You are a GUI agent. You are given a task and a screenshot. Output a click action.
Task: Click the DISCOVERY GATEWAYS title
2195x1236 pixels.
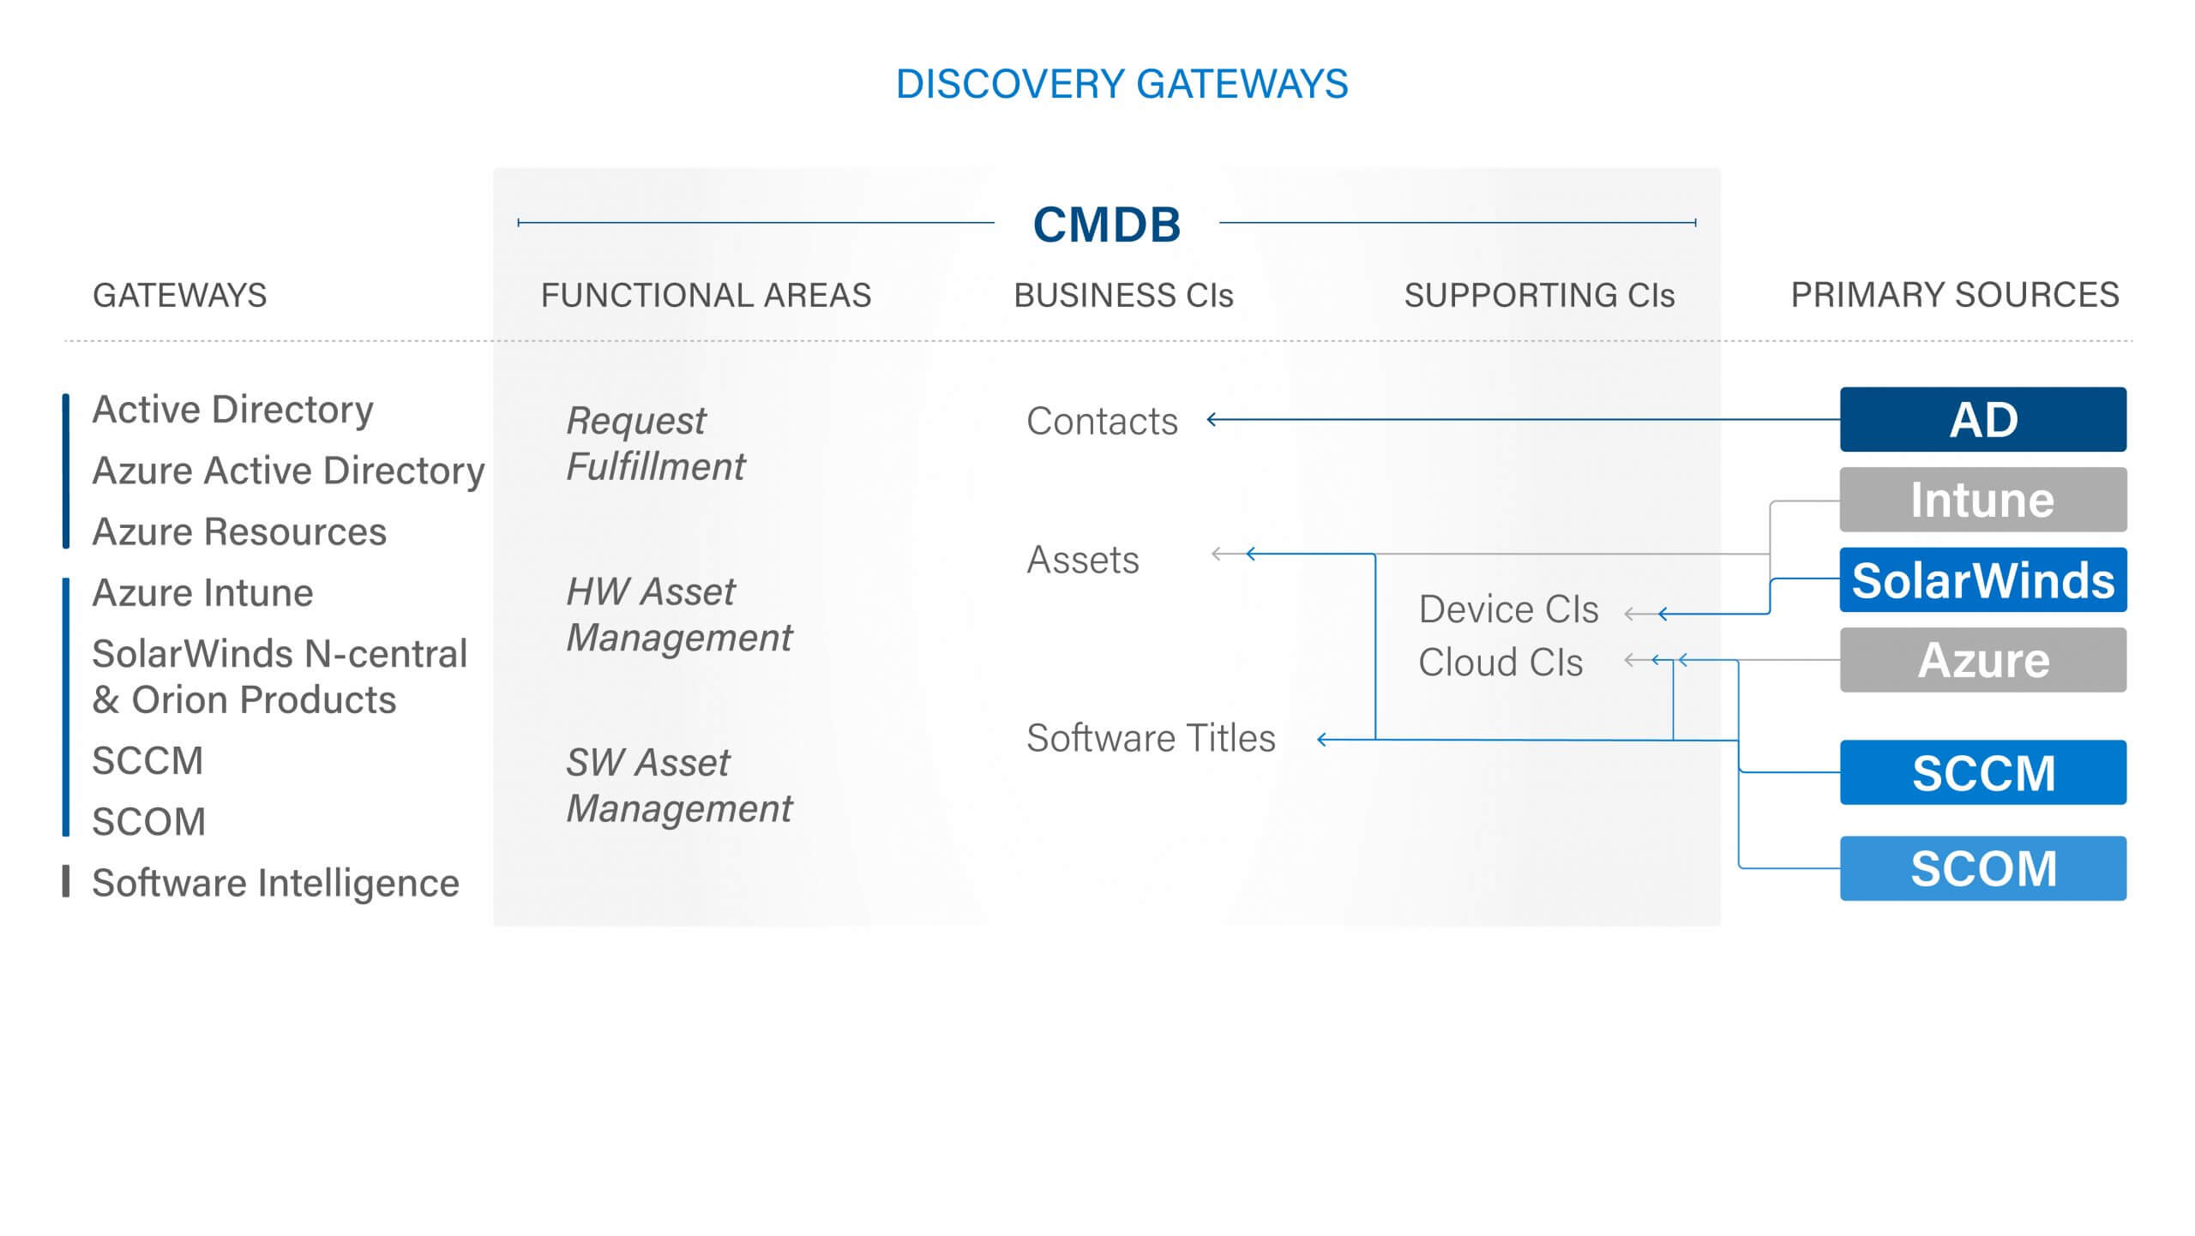[x=1122, y=84]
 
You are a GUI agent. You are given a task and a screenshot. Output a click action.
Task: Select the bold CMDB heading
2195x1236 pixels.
[x=1107, y=225]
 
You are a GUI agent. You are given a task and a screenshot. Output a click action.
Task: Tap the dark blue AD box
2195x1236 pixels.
[x=1983, y=419]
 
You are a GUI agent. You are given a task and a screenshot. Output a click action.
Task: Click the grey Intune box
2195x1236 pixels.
[x=1983, y=500]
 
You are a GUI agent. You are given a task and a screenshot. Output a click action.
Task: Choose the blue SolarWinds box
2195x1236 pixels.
[x=1983, y=580]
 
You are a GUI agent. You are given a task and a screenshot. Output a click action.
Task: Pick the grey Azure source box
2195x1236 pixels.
[x=1983, y=660]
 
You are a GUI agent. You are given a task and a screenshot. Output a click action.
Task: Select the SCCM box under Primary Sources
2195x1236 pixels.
[x=1983, y=772]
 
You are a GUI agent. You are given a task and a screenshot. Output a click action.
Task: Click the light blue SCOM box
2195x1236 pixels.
[x=1983, y=868]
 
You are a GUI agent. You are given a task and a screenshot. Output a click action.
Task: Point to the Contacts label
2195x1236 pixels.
[x=1102, y=421]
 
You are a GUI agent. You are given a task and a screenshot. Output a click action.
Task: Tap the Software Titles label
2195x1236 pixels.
[x=1151, y=738]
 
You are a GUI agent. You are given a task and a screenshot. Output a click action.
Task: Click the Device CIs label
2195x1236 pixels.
[x=1508, y=609]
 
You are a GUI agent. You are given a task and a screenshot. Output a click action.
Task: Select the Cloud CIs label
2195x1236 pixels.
[x=1500, y=663]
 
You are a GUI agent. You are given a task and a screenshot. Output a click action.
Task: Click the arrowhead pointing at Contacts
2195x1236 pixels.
[x=1212, y=419]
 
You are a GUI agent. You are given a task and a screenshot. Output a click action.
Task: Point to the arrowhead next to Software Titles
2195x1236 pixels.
[x=1322, y=740]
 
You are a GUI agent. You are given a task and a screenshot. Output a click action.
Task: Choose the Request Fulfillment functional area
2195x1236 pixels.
[x=656, y=444]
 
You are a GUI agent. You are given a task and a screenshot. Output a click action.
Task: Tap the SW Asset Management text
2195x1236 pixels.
[x=679, y=785]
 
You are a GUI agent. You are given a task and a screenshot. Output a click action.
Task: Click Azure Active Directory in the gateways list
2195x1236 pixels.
[x=288, y=471]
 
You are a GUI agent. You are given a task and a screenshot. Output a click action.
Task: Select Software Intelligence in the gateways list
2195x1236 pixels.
[x=275, y=883]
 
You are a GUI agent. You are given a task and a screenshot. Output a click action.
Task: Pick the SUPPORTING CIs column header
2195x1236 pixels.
[x=1539, y=295]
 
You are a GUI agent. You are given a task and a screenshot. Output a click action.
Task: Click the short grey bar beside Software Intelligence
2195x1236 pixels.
[x=66, y=881]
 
